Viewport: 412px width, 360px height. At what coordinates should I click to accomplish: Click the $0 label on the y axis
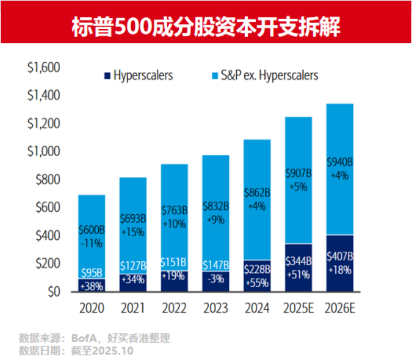point(54,292)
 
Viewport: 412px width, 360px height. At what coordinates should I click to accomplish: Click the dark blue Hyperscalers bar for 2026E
point(339,263)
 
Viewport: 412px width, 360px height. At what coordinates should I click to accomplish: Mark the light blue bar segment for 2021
point(133,219)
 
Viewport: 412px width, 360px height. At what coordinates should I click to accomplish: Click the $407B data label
point(339,257)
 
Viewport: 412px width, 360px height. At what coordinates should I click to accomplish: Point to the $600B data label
point(91,230)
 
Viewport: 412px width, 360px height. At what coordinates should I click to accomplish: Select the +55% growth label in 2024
point(257,283)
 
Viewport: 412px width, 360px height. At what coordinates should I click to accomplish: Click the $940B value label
point(339,162)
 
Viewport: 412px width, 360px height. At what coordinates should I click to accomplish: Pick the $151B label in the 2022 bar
point(174,262)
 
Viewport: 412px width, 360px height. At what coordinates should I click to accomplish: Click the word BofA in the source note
point(81,338)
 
